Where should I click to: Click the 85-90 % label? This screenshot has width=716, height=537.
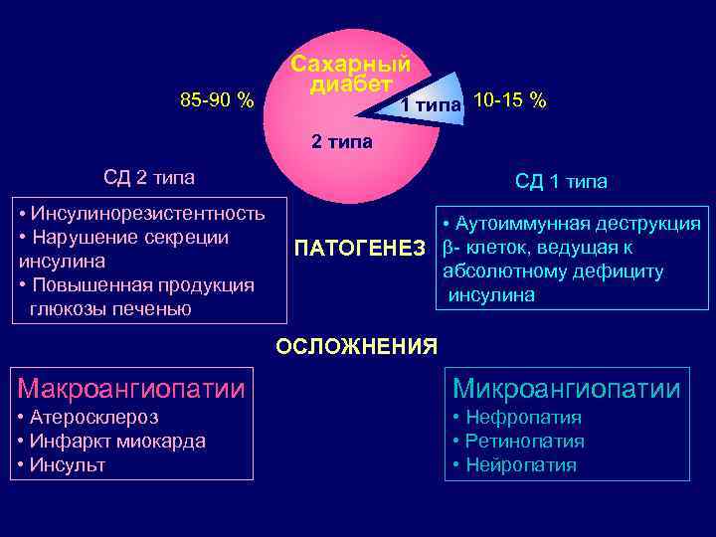point(216,100)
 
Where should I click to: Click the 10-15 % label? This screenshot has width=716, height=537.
point(510,100)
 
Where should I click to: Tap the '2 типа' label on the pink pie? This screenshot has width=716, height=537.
point(342,141)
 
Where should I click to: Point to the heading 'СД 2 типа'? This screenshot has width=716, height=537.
point(149,178)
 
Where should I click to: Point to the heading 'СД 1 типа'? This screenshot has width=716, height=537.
point(561,181)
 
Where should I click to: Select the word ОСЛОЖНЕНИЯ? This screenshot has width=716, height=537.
point(356,346)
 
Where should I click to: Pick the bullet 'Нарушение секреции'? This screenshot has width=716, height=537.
point(129,237)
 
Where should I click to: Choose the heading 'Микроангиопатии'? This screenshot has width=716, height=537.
point(567,388)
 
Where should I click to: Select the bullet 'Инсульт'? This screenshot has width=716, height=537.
point(68,465)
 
